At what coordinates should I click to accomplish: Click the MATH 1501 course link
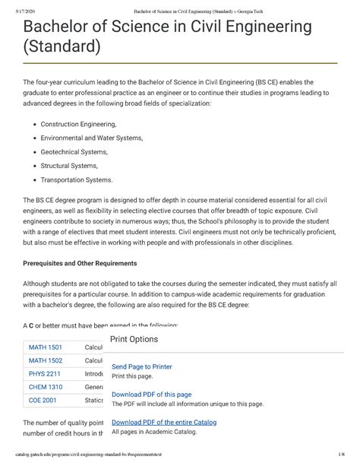(46, 347)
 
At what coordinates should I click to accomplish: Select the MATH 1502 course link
(46, 360)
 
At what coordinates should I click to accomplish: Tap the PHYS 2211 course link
(46, 374)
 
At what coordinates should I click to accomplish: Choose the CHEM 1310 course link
(46, 387)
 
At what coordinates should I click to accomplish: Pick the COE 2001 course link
(43, 400)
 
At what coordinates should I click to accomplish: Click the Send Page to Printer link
(142, 366)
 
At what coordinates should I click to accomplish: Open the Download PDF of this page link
(151, 395)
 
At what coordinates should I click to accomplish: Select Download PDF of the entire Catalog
(164, 422)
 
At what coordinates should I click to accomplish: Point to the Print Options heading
(134, 339)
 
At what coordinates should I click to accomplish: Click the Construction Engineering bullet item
(78, 124)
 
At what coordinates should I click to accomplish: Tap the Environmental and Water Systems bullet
(96, 138)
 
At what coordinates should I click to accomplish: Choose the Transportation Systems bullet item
(76, 180)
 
